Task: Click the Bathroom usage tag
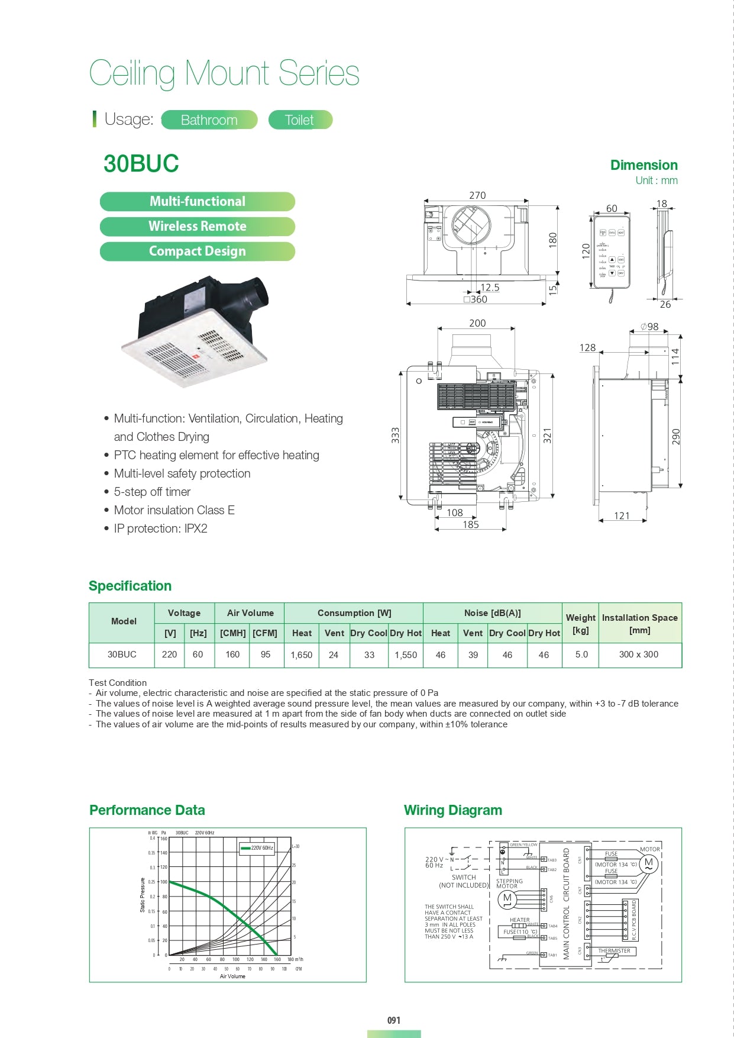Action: click(x=209, y=120)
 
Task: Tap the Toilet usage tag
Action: click(x=299, y=120)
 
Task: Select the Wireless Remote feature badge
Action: click(x=197, y=226)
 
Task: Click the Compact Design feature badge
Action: click(x=197, y=251)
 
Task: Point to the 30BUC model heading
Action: click(x=141, y=164)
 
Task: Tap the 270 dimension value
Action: click(x=477, y=195)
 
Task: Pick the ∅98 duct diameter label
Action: click(x=649, y=327)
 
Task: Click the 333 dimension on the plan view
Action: click(x=395, y=436)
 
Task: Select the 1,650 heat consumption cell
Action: click(x=301, y=655)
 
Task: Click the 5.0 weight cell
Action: click(x=581, y=655)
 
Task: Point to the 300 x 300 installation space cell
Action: click(x=638, y=655)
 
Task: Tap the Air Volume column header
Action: click(x=250, y=613)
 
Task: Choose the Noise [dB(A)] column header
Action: click(x=492, y=613)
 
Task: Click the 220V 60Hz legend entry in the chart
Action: click(x=257, y=848)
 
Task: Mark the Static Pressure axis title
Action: click(x=142, y=895)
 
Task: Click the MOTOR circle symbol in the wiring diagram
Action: click(x=648, y=863)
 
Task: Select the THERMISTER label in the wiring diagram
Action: click(x=614, y=951)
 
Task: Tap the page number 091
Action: click(x=394, y=1020)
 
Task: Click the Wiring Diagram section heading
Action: click(x=452, y=810)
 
